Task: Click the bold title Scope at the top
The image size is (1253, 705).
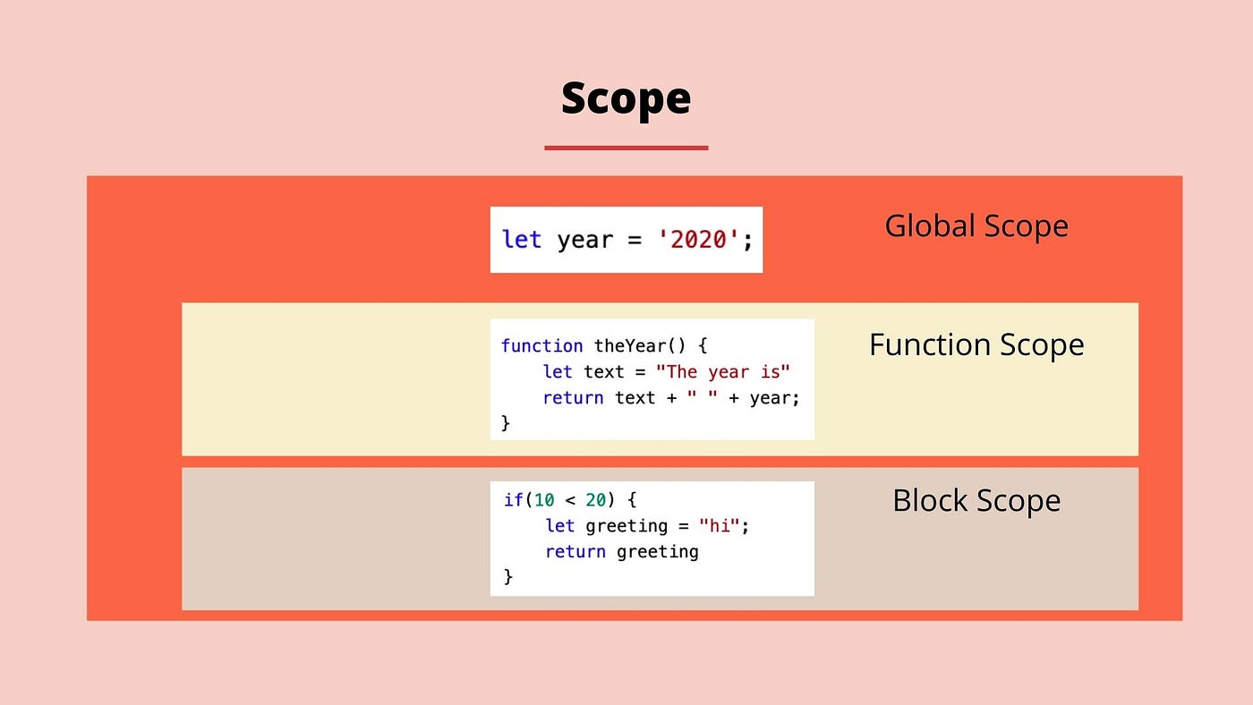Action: (626, 98)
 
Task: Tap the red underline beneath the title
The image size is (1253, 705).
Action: (626, 148)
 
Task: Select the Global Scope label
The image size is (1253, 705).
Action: (976, 225)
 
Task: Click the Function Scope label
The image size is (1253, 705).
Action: (976, 344)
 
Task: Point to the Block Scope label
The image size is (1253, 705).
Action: (976, 500)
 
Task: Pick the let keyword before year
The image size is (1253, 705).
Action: (522, 240)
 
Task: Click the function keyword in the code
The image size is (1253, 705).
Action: (541, 345)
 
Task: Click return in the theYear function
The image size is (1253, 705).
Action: (573, 397)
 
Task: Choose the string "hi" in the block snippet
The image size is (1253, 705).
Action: (720, 525)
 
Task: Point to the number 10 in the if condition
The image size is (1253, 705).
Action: (544, 499)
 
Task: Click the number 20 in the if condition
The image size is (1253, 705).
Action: (596, 499)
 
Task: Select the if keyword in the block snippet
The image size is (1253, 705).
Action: (513, 499)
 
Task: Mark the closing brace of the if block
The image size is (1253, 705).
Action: (508, 577)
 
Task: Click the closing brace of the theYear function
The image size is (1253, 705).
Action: (506, 422)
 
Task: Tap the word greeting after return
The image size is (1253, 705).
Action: (658, 551)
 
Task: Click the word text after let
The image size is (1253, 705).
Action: (604, 371)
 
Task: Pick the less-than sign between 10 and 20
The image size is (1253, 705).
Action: (570, 499)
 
